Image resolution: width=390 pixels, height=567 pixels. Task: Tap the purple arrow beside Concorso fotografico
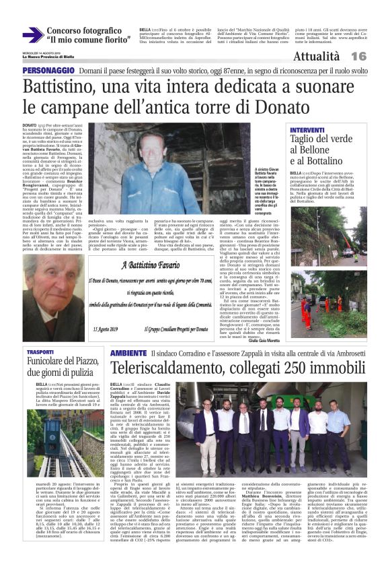pos(31,35)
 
